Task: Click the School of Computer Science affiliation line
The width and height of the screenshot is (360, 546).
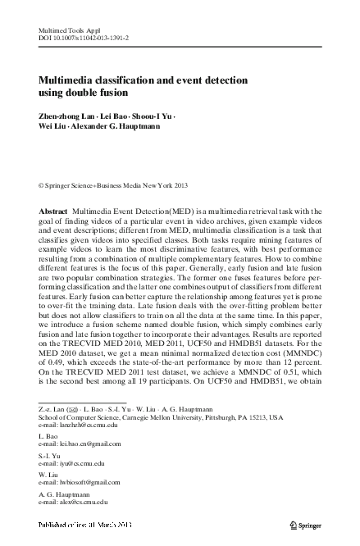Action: pos(161,416)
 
